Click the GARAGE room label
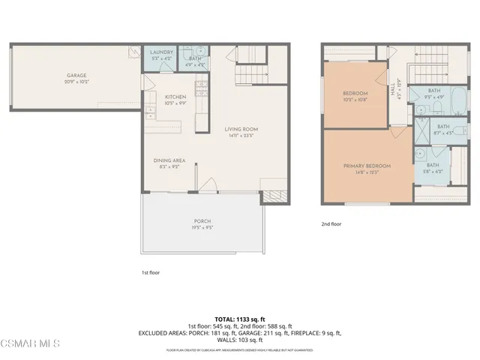click(x=76, y=76)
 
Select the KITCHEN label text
click(x=175, y=97)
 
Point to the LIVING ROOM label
click(x=240, y=129)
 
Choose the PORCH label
click(x=202, y=221)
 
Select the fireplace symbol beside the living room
click(x=268, y=197)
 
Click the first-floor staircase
click(x=250, y=74)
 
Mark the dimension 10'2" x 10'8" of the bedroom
click(x=355, y=98)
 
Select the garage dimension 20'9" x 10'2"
click(x=76, y=82)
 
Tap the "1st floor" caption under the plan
click(x=150, y=272)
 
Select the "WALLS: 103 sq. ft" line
click(x=240, y=340)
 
